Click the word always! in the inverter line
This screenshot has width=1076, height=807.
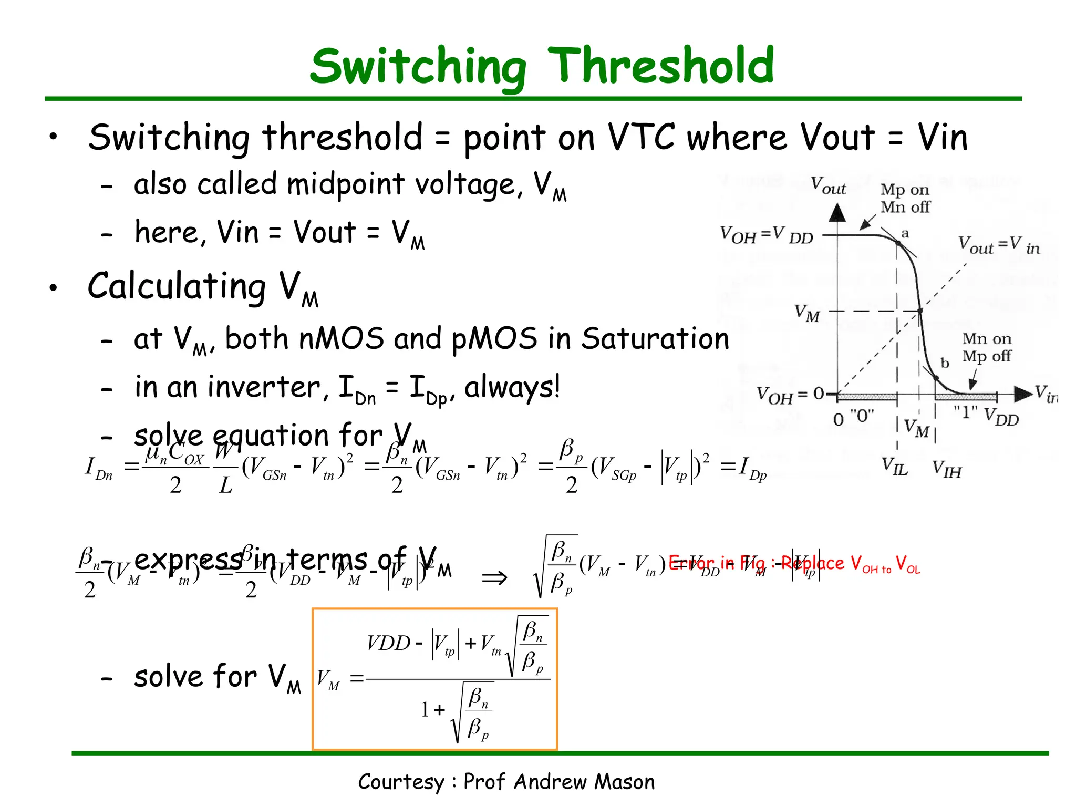pyautogui.click(x=512, y=387)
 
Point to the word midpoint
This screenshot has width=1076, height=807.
pyautogui.click(x=345, y=185)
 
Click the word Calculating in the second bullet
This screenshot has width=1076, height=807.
pyautogui.click(x=177, y=287)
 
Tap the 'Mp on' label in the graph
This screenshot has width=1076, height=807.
pyautogui.click(x=905, y=189)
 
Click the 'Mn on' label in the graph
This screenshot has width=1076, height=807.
pyautogui.click(x=986, y=339)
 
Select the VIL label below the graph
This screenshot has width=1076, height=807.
pyautogui.click(x=895, y=466)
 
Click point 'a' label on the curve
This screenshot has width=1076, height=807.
pyautogui.click(x=905, y=233)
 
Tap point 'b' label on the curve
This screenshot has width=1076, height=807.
pyautogui.click(x=945, y=363)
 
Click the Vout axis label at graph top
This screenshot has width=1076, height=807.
pyautogui.click(x=828, y=185)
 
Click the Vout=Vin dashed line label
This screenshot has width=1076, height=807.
pyautogui.click(x=998, y=245)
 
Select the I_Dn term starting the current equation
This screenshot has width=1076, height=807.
pyautogui.click(x=98, y=468)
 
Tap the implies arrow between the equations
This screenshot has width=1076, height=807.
pyautogui.click(x=494, y=578)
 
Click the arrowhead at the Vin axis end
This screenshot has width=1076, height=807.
pyautogui.click(x=1022, y=394)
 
